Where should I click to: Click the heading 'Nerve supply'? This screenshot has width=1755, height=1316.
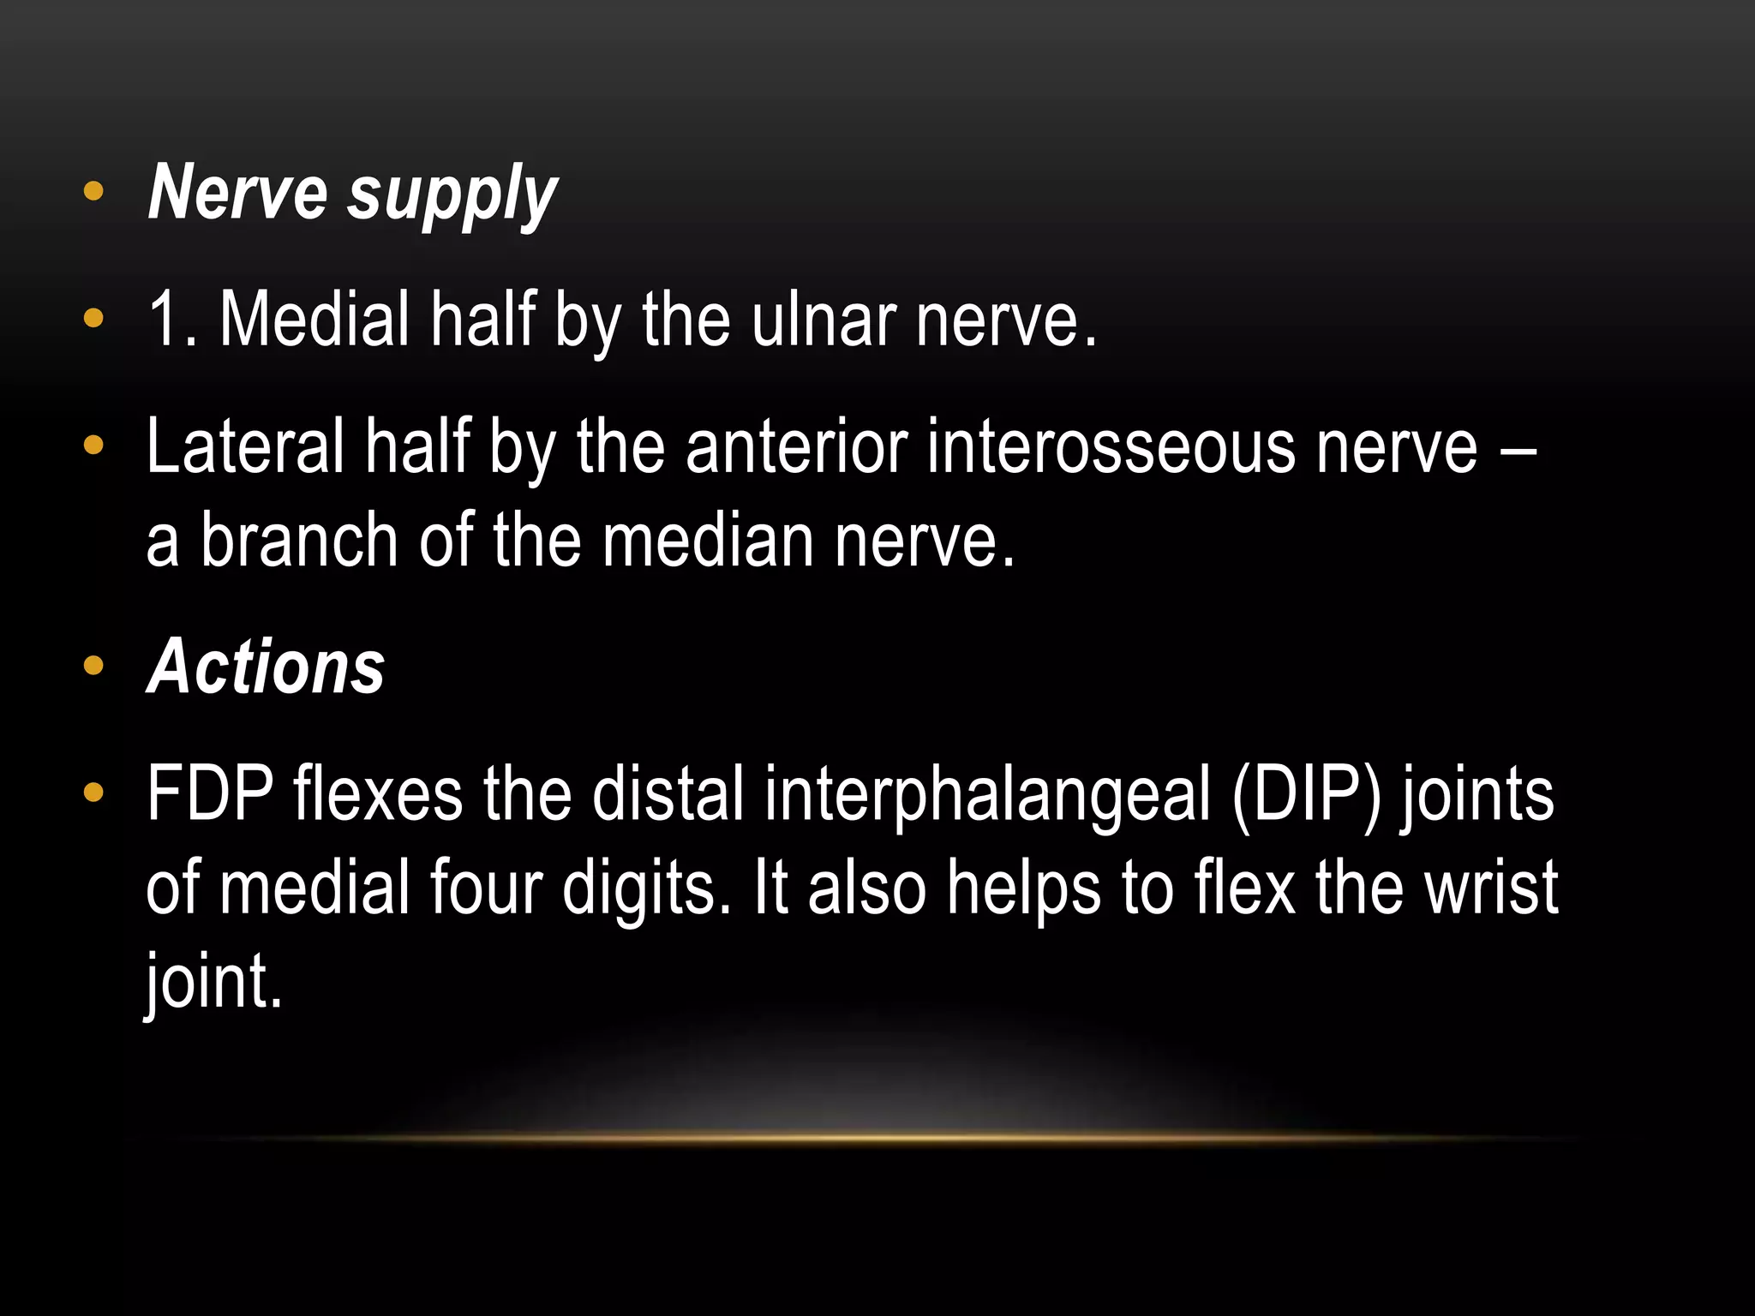click(352, 194)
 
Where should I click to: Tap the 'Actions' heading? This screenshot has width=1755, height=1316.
click(266, 667)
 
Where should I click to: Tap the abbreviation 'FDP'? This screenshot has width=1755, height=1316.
click(210, 794)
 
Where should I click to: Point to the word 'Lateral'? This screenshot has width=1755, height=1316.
click(245, 446)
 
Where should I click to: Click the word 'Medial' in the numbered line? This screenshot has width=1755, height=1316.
click(314, 319)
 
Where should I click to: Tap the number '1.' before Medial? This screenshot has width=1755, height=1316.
click(172, 319)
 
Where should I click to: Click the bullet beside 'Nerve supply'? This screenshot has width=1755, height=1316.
click(93, 192)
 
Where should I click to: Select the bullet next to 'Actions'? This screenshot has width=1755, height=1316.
click(93, 666)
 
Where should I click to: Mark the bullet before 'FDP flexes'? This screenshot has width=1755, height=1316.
click(93, 793)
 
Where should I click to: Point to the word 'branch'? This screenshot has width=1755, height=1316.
click(299, 540)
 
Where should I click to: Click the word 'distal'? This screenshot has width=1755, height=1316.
click(668, 794)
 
